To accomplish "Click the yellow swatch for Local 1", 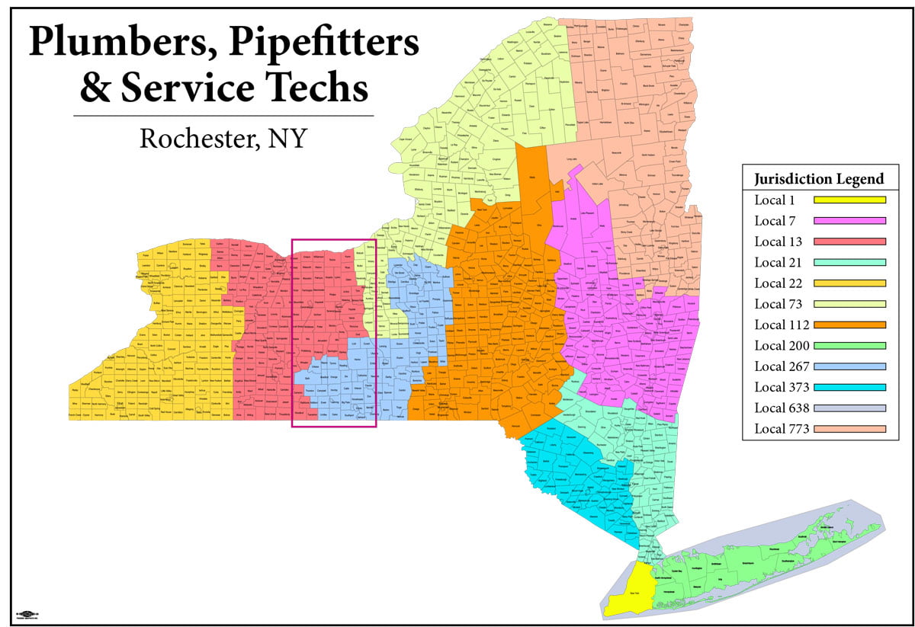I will (x=849, y=200).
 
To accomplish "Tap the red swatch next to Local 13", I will (x=849, y=242).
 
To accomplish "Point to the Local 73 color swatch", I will (x=849, y=304).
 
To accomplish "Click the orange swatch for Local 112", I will (x=849, y=325).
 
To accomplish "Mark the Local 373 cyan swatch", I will (x=849, y=387).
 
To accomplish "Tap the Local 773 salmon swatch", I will (x=849, y=429).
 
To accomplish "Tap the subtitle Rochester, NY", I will (x=223, y=139).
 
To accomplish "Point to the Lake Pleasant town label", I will (x=583, y=216).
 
